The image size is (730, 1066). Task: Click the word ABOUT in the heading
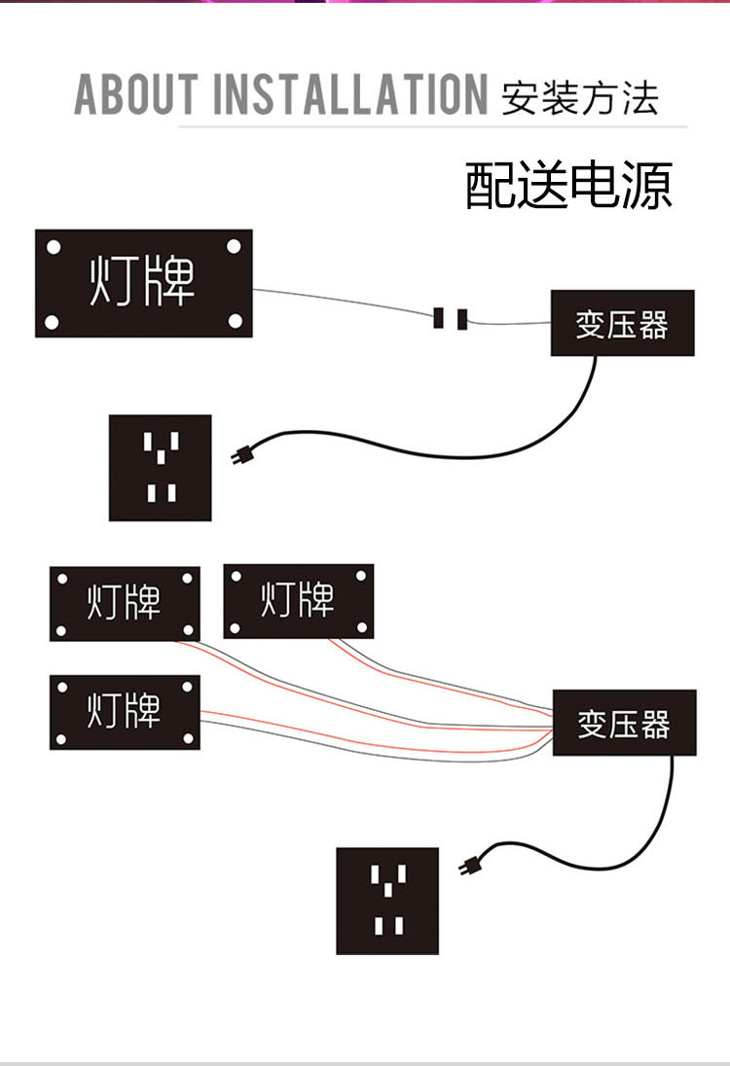(x=136, y=93)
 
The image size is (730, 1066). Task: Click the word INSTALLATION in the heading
(x=350, y=93)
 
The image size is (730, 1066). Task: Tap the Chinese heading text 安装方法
(x=580, y=98)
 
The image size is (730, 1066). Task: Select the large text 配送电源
(x=568, y=185)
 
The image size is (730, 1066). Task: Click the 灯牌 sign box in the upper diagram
(x=143, y=283)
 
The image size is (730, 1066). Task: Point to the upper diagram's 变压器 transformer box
(x=623, y=323)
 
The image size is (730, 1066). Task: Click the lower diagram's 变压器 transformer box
(x=625, y=723)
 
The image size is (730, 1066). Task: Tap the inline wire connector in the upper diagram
(x=451, y=318)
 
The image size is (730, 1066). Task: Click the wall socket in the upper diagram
(x=160, y=468)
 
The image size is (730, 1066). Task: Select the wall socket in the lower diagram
(x=387, y=901)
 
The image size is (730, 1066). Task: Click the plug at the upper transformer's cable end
(x=239, y=455)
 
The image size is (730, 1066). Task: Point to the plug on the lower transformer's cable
(x=469, y=866)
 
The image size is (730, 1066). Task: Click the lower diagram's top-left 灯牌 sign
(x=125, y=604)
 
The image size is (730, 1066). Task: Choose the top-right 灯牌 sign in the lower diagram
(x=299, y=601)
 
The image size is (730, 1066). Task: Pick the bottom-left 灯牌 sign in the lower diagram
(x=125, y=713)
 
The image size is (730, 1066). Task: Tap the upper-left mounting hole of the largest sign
(x=54, y=247)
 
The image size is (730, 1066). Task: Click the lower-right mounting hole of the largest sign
(x=236, y=320)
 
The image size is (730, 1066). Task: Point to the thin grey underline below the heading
(x=433, y=126)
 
